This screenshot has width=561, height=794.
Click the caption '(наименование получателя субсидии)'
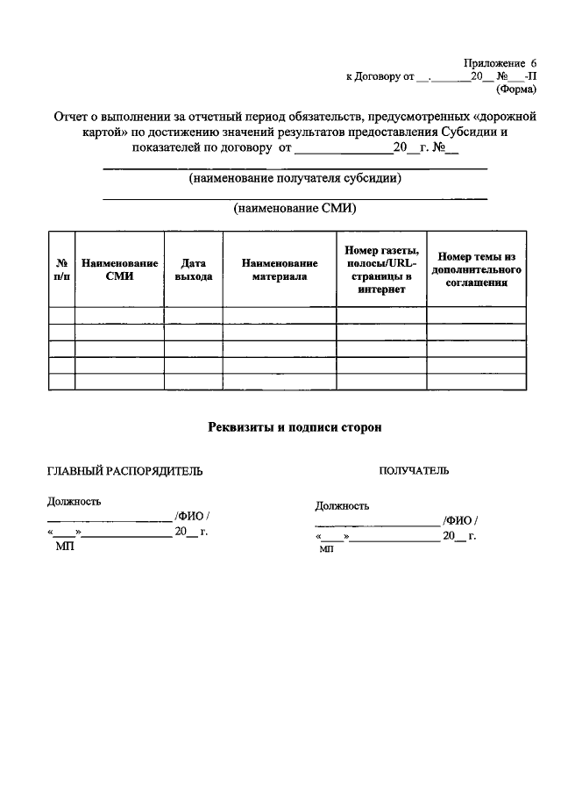295,178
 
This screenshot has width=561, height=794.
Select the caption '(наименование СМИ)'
295,209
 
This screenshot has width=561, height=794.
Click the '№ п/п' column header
62,269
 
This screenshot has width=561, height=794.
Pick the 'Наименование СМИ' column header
119,269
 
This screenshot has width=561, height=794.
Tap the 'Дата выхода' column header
193,269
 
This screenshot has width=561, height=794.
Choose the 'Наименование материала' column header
279,269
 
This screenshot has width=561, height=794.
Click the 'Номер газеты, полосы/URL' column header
381,269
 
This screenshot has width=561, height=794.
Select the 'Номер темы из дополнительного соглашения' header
476,269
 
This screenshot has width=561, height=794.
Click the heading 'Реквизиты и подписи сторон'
295,427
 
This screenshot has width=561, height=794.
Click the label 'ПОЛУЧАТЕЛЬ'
414,471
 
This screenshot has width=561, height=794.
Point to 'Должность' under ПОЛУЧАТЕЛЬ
342,506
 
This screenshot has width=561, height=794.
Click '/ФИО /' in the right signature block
460,521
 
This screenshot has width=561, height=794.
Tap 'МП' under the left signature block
65,545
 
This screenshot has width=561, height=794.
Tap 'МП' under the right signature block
327,548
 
